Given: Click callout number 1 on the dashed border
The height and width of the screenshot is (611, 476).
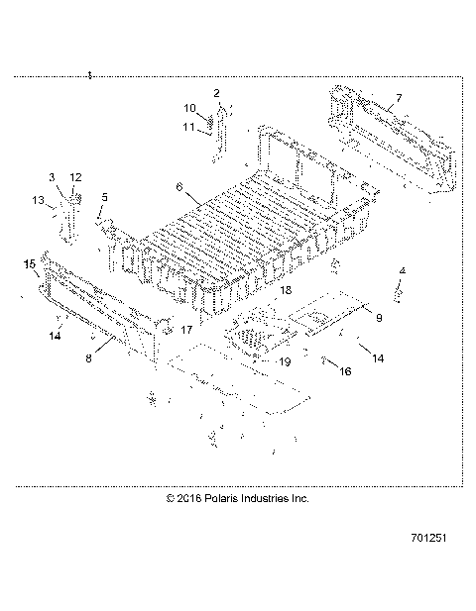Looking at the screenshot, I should (x=89, y=75).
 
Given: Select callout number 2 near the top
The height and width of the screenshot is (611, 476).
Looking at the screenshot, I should (x=215, y=92).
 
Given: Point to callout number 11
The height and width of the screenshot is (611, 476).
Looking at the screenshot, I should (x=189, y=126).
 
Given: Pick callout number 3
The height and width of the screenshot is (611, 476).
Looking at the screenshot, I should (x=53, y=176).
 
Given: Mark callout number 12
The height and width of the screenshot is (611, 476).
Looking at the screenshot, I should (x=75, y=176).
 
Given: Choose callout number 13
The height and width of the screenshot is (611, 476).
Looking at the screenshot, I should (x=38, y=201).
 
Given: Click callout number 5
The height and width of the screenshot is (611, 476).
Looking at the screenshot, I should (x=104, y=197).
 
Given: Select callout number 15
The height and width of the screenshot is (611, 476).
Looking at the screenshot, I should (x=29, y=263).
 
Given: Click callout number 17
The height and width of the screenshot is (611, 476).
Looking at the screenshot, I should (x=185, y=328).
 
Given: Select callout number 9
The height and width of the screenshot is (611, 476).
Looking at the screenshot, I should (x=378, y=317).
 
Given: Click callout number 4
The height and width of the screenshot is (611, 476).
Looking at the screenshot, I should (x=402, y=270).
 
